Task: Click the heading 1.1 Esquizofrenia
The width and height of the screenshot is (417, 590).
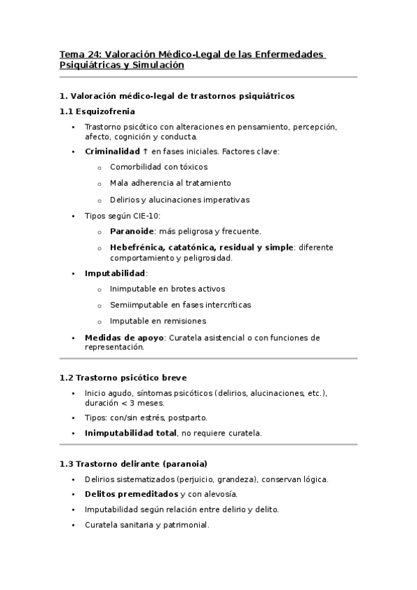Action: [x=97, y=111]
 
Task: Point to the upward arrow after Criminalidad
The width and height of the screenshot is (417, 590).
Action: [x=146, y=151]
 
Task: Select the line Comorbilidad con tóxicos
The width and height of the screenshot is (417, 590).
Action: [x=159, y=167]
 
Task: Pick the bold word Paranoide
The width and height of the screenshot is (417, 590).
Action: [x=132, y=232]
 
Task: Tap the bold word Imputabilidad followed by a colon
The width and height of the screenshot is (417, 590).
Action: [x=115, y=273]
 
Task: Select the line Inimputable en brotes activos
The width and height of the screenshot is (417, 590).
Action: [x=168, y=289]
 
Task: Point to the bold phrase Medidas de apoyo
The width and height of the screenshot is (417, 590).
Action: [x=123, y=337]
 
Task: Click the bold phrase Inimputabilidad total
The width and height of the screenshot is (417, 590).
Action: [x=130, y=433]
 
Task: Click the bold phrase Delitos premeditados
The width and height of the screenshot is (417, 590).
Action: [x=131, y=494]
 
